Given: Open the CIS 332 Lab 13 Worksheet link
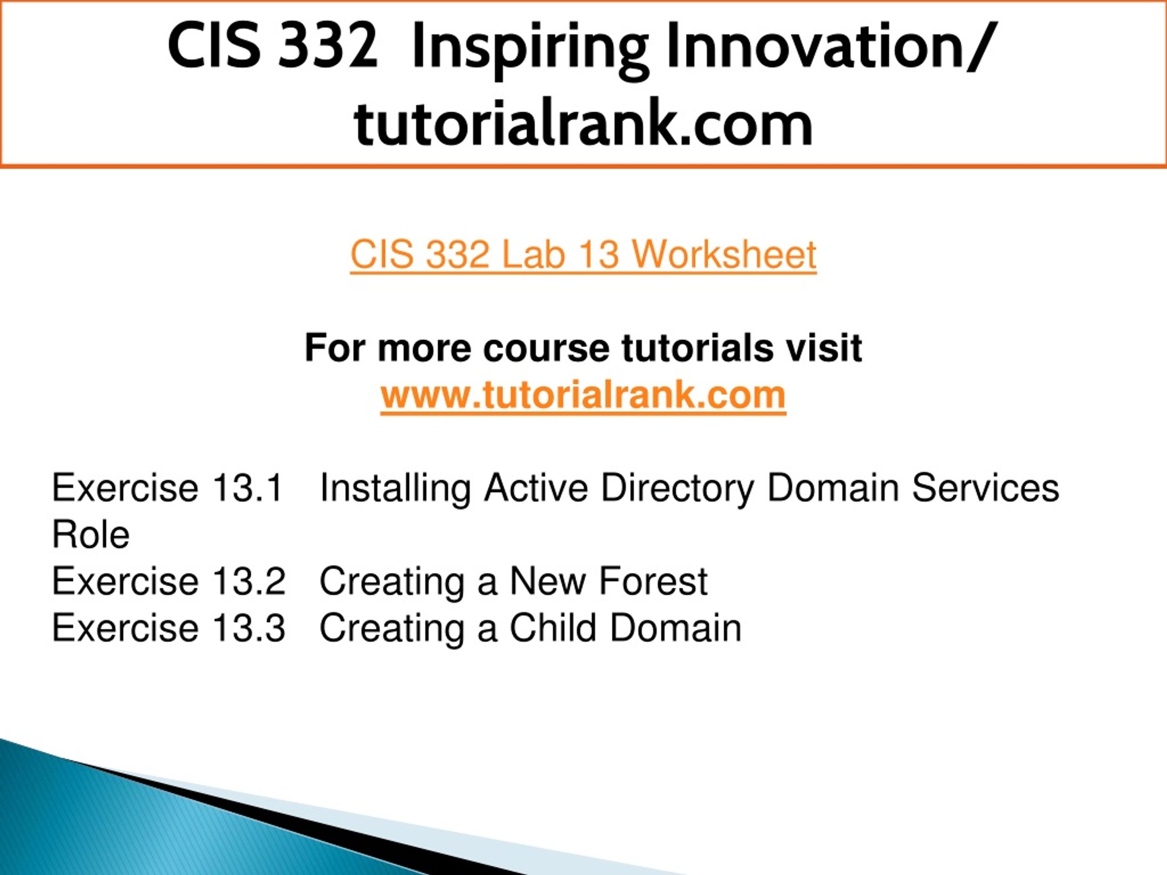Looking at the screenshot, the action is [583, 255].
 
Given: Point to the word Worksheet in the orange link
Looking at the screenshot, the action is [724, 255].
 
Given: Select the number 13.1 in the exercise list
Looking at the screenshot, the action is [248, 488].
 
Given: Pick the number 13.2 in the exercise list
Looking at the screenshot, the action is [248, 581].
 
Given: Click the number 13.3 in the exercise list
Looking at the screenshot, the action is [248, 628].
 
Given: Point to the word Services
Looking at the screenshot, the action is [986, 488].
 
